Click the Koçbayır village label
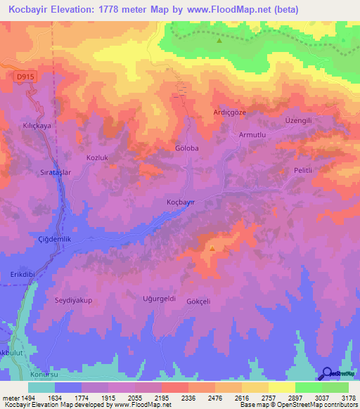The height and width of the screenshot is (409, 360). click(180, 202)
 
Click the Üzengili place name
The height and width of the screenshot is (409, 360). click(298, 120)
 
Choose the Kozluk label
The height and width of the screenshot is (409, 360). click(97, 158)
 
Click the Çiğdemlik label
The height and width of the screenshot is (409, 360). click(55, 240)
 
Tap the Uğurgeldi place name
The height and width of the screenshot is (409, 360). click(159, 298)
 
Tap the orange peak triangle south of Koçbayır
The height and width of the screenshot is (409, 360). click(212, 247)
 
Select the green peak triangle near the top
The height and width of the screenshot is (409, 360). click(219, 40)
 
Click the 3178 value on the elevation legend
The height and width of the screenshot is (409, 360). click(348, 397)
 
